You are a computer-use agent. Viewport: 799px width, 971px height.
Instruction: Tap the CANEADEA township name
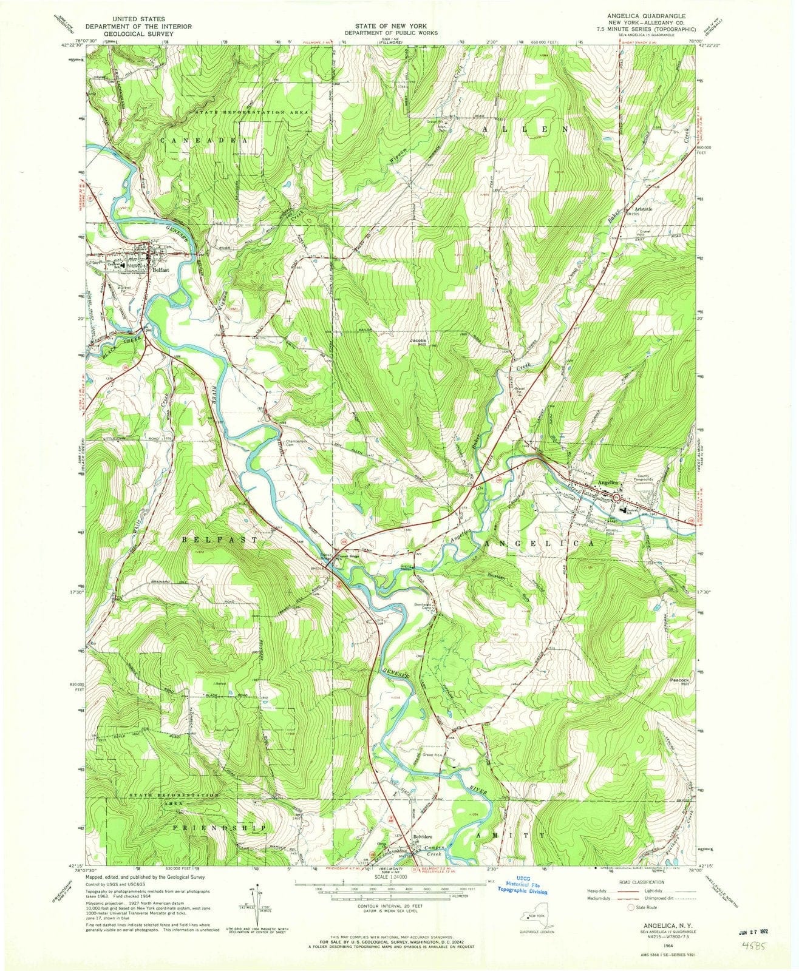(203, 140)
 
